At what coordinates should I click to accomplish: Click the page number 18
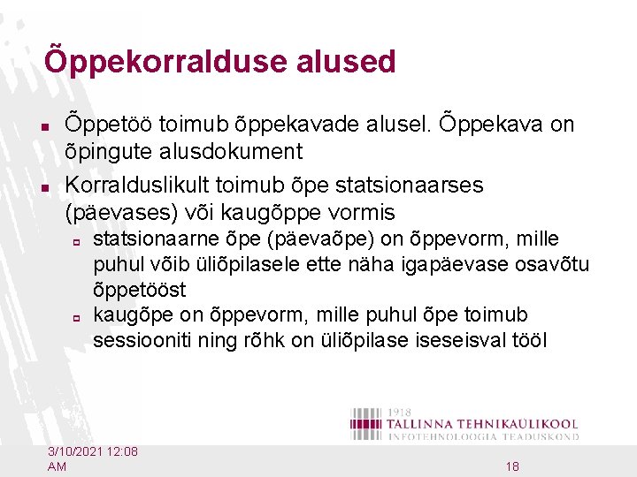click(512, 466)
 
